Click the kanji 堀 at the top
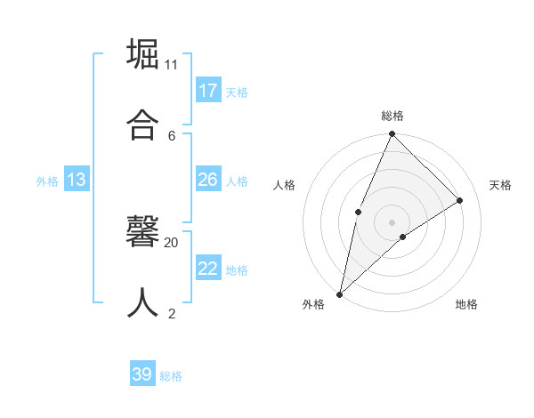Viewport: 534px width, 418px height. [143, 54]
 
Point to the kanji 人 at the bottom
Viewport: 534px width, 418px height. [143, 301]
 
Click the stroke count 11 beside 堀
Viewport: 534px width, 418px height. [171, 65]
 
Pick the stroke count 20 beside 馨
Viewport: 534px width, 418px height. [172, 242]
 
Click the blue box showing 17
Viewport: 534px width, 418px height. [208, 90]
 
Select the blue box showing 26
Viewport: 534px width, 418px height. [208, 180]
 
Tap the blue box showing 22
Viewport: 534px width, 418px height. [208, 269]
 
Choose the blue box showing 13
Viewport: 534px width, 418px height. [77, 180]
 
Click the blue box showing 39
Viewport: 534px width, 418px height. [142, 374]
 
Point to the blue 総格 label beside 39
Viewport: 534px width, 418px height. [171, 376]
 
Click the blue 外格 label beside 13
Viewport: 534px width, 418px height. [47, 181]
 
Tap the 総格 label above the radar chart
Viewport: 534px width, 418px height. [392, 116]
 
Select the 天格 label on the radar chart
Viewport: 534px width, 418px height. [500, 185]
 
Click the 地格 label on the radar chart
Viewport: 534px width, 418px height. [466, 304]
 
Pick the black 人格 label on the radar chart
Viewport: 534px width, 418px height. [284, 185]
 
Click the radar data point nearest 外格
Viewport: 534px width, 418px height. [339, 293]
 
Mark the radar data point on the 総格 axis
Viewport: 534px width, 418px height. [392, 134]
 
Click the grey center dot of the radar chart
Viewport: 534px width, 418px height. [392, 221]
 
